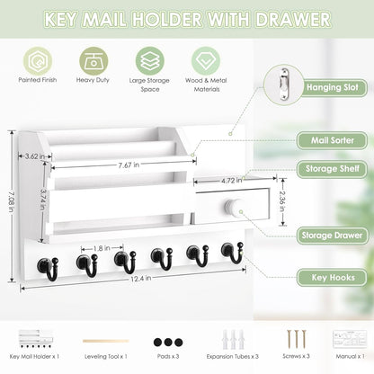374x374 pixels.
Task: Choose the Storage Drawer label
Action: [x=330, y=236]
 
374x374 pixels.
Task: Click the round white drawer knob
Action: [x=232, y=208]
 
